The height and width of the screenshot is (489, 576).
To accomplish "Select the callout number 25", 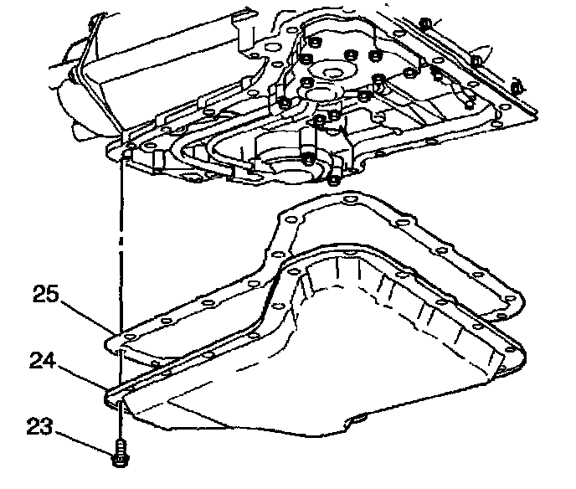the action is (47, 294).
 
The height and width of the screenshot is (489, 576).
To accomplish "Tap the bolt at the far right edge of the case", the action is (517, 86).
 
